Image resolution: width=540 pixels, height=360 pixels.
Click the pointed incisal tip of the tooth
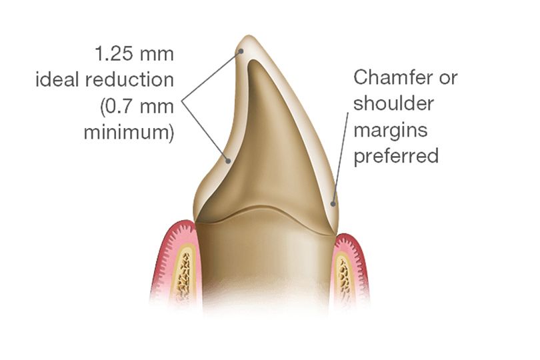tap(246, 39)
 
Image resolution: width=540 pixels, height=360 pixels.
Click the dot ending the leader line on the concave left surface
tap(229, 160)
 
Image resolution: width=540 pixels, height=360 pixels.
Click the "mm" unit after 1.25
tap(158, 53)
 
